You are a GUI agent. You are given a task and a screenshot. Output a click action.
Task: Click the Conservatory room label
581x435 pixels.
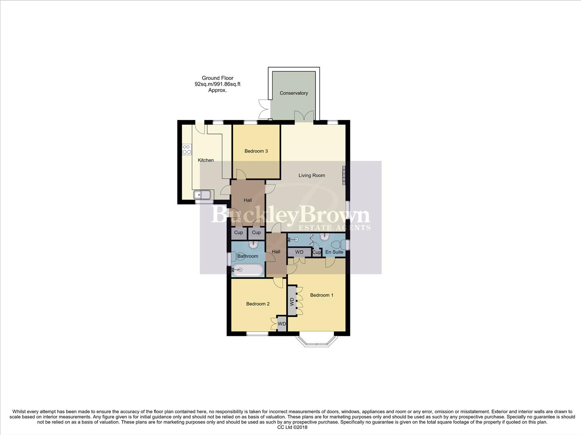pyautogui.click(x=294, y=93)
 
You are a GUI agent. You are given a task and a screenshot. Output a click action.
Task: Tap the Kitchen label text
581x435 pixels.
pyautogui.click(x=206, y=160)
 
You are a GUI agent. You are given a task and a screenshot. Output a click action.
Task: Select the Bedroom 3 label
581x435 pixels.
pyautogui.click(x=256, y=151)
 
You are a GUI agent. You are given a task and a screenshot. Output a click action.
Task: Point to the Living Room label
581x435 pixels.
pyautogui.click(x=312, y=175)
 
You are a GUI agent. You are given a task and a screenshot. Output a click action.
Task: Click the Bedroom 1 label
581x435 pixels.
pyautogui.click(x=321, y=295)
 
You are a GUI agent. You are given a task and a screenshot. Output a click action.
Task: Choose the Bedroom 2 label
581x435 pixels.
pyautogui.click(x=258, y=304)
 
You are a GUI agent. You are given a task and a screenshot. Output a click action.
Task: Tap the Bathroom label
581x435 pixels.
pyautogui.click(x=248, y=256)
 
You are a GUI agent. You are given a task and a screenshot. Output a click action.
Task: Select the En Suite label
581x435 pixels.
pyautogui.click(x=334, y=252)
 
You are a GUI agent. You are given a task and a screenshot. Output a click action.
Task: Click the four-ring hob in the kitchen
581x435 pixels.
pyautogui.click(x=187, y=149)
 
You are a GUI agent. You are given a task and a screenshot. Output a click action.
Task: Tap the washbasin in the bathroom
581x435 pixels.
pyautogui.click(x=254, y=244)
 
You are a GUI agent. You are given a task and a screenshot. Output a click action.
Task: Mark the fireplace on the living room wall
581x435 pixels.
pyautogui.click(x=344, y=175)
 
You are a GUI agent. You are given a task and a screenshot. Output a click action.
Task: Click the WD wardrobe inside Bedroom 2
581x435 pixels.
pyautogui.click(x=281, y=324)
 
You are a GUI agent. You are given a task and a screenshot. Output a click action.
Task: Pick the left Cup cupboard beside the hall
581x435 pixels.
pyautogui.click(x=238, y=232)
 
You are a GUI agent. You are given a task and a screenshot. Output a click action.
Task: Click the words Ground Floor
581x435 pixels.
pyautogui.click(x=217, y=78)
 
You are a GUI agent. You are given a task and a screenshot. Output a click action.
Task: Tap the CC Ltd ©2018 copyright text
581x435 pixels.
pyautogui.click(x=290, y=427)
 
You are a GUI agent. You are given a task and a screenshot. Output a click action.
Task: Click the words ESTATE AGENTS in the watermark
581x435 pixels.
pyautogui.click(x=334, y=228)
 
